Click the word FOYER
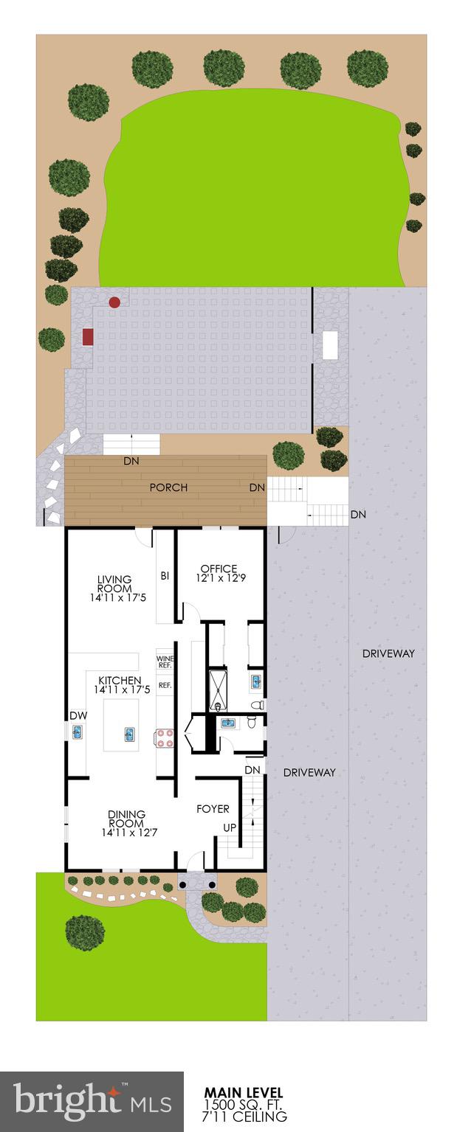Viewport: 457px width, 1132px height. coord(213,809)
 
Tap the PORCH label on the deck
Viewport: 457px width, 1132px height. coord(168,487)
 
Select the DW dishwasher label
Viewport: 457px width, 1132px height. coord(78,716)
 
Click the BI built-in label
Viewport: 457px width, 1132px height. coord(165,575)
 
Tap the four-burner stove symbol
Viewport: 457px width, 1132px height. coord(164,738)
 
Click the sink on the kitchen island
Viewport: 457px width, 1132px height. coord(130,735)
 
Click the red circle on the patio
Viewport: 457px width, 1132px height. coord(114,302)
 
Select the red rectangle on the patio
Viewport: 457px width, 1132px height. coord(89,337)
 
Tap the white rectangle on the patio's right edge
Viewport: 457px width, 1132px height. coord(329,345)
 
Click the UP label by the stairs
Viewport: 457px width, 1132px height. coord(230,828)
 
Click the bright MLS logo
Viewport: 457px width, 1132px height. coord(92,1102)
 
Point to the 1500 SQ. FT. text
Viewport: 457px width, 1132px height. coord(245,1105)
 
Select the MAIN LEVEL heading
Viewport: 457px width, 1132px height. coord(243,1092)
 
